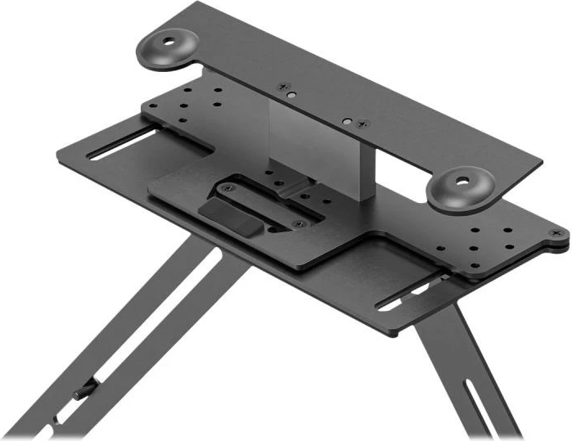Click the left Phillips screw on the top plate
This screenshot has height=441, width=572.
click(284, 86)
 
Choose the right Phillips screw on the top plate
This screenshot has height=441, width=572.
click(363, 124)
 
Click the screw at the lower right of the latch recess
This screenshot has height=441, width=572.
click(297, 223)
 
